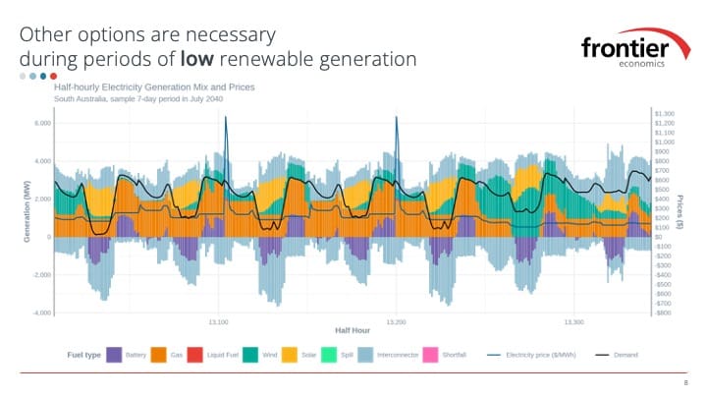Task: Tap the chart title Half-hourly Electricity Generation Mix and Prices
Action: pyautogui.click(x=154, y=87)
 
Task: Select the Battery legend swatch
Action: pyautogui.click(x=114, y=354)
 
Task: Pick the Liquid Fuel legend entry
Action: pyautogui.click(x=227, y=354)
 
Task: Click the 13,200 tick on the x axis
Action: pyautogui.click(x=397, y=321)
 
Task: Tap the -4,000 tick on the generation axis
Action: pyautogui.click(x=39, y=313)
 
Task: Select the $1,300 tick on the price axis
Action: pyautogui.click(x=664, y=114)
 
